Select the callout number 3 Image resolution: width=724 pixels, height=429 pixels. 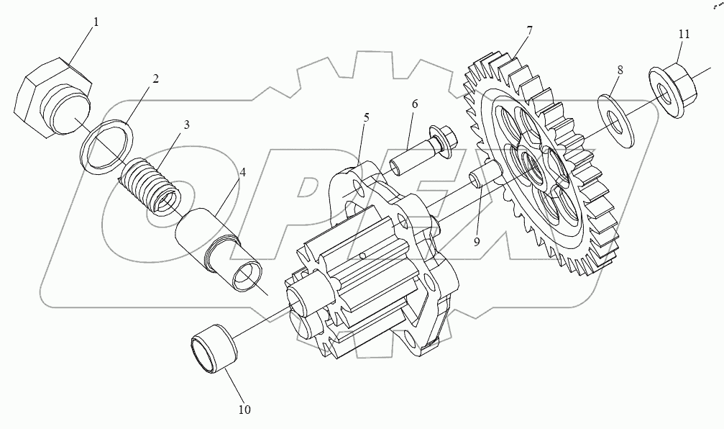185,125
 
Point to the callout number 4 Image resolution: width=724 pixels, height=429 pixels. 242,173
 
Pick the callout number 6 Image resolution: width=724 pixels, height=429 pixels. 415,104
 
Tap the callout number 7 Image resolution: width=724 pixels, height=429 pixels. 529,30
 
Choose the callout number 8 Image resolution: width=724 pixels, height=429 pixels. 620,70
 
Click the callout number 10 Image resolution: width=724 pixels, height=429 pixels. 244,410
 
